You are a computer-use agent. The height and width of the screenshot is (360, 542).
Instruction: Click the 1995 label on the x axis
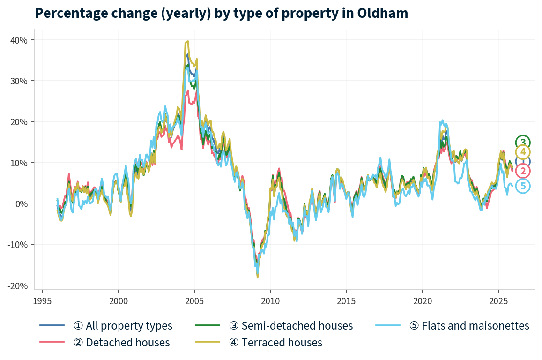[42, 300]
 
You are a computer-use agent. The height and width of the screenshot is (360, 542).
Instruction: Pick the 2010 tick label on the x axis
[270, 300]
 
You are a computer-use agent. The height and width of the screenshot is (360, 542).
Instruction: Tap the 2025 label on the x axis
[498, 300]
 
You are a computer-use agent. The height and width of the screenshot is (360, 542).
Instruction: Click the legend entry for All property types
[123, 325]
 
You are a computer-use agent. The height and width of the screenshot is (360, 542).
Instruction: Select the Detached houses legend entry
[121, 343]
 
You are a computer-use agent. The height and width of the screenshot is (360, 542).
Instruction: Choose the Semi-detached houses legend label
[290, 325]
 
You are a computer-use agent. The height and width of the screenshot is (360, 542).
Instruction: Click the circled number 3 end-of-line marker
[523, 142]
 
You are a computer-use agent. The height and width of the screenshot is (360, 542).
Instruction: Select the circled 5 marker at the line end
[523, 186]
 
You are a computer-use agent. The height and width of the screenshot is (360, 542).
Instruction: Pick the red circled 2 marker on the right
[523, 171]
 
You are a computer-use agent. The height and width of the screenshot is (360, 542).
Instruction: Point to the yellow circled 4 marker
[523, 152]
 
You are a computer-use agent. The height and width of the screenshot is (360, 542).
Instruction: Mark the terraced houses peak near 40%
[187, 41]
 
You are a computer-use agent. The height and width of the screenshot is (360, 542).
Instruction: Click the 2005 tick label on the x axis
[194, 300]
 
